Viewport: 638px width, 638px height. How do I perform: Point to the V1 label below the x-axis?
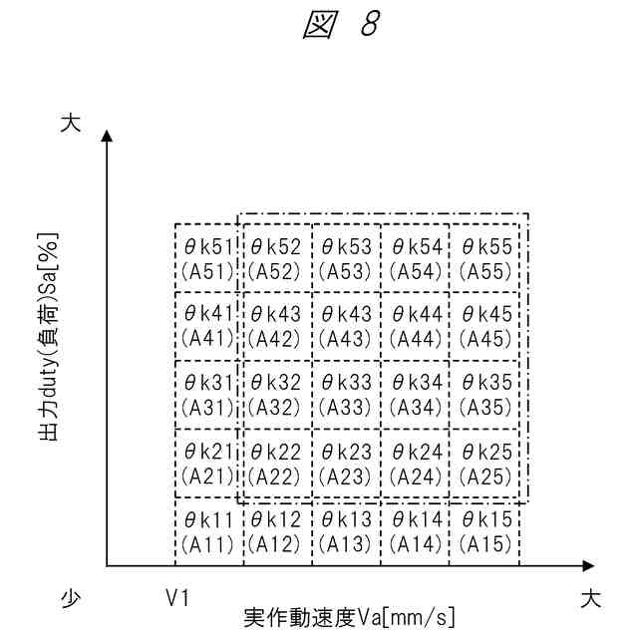pos(177,597)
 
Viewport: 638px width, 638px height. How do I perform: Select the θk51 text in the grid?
pos(207,246)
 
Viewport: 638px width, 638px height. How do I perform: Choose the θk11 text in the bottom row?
pos(207,519)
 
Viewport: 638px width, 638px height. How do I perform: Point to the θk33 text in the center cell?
pos(345,383)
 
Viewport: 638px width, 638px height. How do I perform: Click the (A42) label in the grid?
pos(275,338)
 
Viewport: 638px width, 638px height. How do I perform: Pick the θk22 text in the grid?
pos(275,451)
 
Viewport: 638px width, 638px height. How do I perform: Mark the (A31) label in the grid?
pos(207,407)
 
